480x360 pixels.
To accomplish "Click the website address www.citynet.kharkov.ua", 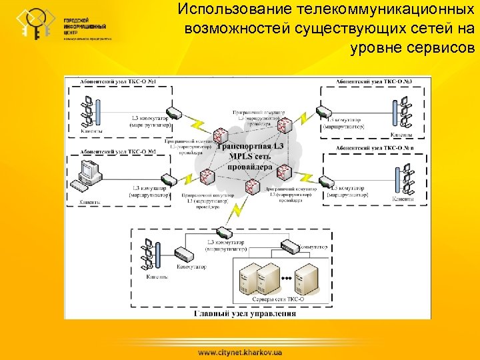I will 240,351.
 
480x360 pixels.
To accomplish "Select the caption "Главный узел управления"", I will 245,313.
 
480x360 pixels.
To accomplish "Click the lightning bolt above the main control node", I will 235,211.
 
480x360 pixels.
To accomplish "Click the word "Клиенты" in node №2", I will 90,201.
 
